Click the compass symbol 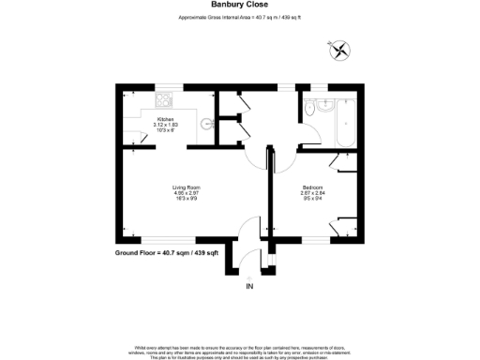(x=340, y=49)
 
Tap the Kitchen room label (x=165, y=119)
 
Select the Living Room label (x=186, y=187)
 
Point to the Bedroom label (x=312, y=187)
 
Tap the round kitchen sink (x=207, y=122)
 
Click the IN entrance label (x=249, y=286)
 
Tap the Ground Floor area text (x=166, y=253)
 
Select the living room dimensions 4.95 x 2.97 (x=186, y=194)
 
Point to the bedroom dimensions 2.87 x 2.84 (x=312, y=194)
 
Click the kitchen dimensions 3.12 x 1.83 (x=165, y=125)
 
